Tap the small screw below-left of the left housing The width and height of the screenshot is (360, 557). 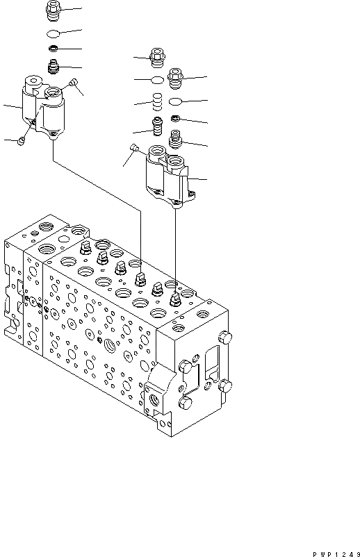click(22, 141)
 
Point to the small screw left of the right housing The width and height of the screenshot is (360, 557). click(135, 147)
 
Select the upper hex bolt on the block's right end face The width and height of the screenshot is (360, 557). click(224, 338)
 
